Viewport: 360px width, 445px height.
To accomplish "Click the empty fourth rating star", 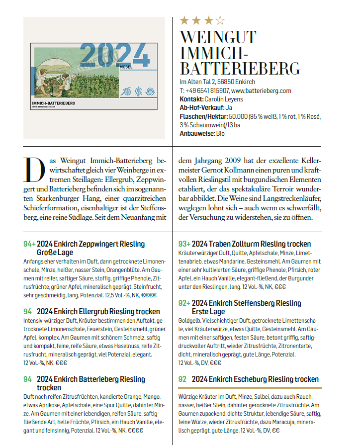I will (220, 20).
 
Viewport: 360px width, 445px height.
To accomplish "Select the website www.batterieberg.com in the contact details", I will (261, 91).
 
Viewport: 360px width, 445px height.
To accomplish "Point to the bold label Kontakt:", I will (191, 99).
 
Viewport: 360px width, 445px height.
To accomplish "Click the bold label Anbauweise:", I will (197, 133).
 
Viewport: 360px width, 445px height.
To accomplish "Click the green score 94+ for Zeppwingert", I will (29, 244).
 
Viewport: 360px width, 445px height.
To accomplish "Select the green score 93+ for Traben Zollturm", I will (184, 244).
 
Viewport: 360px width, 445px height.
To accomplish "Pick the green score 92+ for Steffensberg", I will (184, 303).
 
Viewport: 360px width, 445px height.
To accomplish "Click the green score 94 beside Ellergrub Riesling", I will (27, 311).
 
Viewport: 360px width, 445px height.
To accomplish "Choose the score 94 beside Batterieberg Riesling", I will (27, 379).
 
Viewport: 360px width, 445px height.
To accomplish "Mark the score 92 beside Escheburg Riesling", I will (182, 379).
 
